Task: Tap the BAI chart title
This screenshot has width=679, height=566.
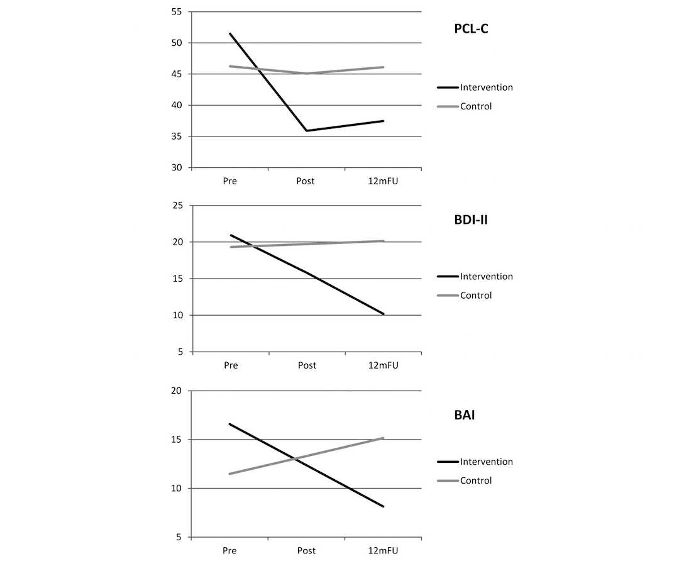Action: click(464, 415)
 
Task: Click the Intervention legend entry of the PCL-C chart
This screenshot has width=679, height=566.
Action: click(486, 87)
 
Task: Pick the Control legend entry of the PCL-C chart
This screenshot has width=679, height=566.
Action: click(476, 106)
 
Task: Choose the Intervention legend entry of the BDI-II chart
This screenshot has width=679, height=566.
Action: click(486, 277)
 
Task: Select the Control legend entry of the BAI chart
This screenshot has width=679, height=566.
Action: click(476, 480)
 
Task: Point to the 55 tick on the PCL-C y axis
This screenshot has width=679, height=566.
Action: click(176, 12)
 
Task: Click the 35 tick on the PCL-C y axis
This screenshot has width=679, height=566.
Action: click(176, 136)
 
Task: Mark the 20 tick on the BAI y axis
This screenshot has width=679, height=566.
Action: click(176, 391)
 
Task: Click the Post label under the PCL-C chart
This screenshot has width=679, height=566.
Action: click(306, 181)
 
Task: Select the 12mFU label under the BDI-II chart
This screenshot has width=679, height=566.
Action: click(383, 365)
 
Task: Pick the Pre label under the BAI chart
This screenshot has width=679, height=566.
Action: click(230, 551)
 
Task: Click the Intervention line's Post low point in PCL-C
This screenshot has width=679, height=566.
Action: click(307, 131)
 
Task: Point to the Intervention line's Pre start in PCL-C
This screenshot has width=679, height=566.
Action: click(230, 33)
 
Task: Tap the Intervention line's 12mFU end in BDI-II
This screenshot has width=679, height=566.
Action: click(384, 314)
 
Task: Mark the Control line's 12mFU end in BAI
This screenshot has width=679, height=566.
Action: click(384, 438)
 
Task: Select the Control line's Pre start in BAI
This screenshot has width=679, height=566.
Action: click(230, 474)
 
